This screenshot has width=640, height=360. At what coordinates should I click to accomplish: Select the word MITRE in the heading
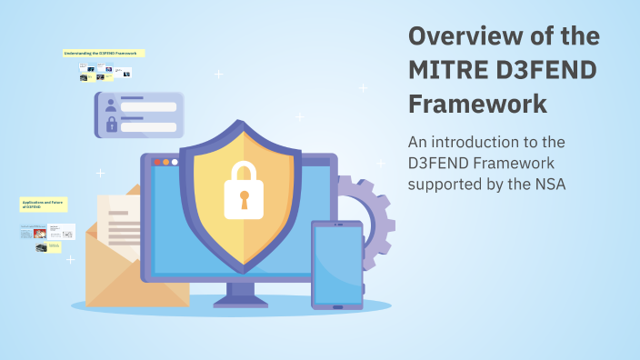[449, 70]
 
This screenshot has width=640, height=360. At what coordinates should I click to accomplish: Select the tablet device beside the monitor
[337, 264]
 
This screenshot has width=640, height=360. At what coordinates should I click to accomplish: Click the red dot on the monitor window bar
[155, 162]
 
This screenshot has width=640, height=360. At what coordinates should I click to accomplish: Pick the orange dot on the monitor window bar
[165, 162]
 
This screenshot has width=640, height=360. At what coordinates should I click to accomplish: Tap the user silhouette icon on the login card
[111, 105]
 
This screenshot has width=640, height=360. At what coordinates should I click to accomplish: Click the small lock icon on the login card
[111, 125]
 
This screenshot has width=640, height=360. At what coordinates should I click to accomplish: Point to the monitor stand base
[241, 301]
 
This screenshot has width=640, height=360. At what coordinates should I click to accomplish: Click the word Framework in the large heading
[477, 104]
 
